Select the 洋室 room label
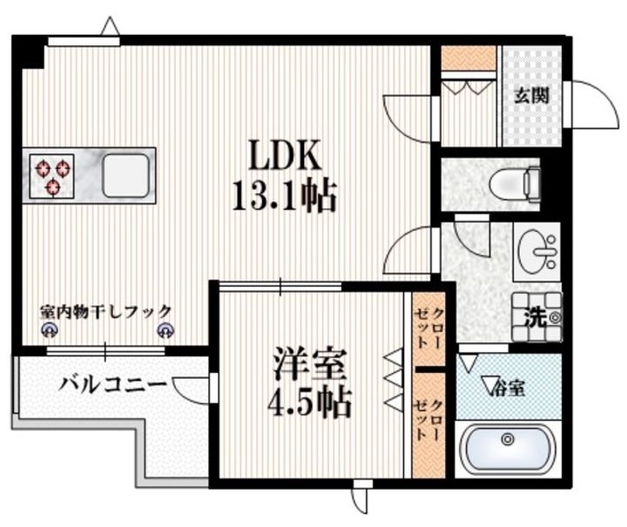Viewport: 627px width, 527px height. (311, 363)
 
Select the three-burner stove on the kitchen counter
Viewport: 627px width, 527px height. (53, 174)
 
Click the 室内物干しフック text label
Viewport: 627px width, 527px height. (106, 310)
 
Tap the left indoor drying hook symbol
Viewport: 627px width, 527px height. (50, 329)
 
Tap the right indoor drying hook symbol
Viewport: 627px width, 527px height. (165, 329)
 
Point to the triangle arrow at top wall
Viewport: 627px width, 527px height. (110, 28)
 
